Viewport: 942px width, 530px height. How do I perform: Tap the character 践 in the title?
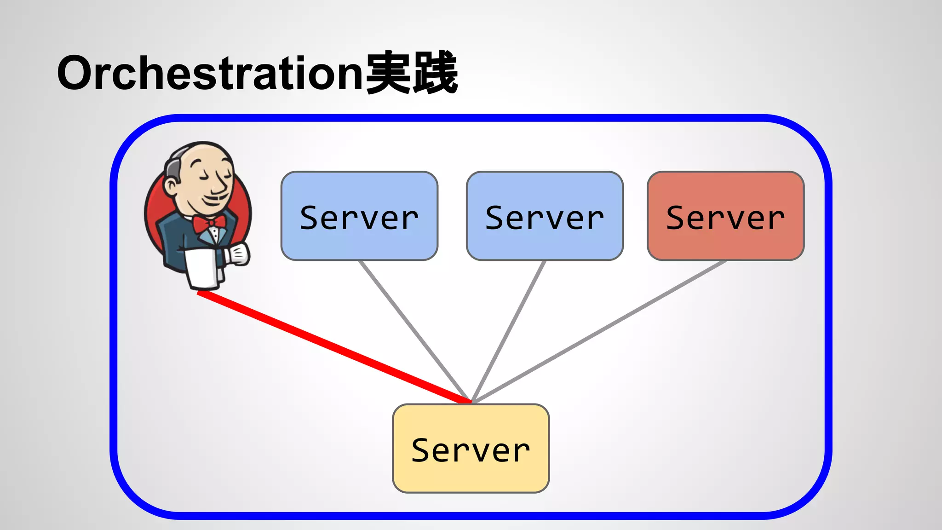pos(435,73)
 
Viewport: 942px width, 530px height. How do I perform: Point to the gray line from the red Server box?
pos(598,331)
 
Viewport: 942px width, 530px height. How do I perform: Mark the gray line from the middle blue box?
pos(508,331)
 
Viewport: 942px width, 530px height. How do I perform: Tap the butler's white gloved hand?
pos(238,254)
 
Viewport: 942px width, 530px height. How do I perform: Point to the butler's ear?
pos(171,186)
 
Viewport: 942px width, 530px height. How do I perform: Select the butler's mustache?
pos(216,199)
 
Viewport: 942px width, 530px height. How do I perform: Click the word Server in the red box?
pos(725,218)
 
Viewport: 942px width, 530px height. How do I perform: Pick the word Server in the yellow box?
pos(471,450)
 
